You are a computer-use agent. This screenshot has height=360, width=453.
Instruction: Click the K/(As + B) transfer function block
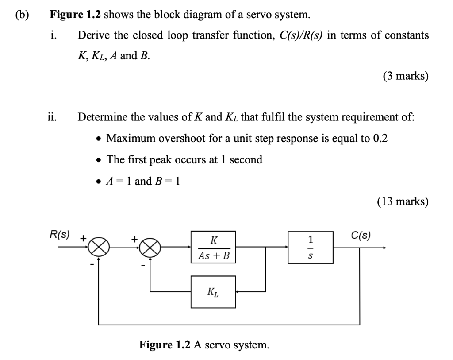pyautogui.click(x=213, y=247)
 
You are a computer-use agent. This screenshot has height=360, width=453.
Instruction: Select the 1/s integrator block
pyautogui.click(x=311, y=247)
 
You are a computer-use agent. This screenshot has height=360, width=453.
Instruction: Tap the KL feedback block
pyautogui.click(x=213, y=292)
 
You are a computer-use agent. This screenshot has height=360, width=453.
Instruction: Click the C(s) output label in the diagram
pyautogui.click(x=361, y=235)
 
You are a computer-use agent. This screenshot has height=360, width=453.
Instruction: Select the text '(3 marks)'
pyautogui.click(x=405, y=76)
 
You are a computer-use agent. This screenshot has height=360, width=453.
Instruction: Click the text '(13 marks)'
pyautogui.click(x=403, y=201)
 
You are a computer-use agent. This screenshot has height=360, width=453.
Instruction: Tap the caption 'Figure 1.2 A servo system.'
pyautogui.click(x=204, y=344)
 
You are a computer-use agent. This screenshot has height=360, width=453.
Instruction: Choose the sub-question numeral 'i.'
pyautogui.click(x=53, y=35)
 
